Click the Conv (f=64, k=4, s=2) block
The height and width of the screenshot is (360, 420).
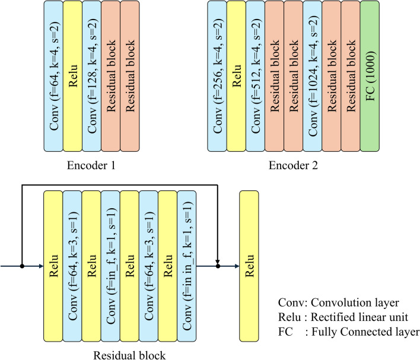click(x=53, y=77)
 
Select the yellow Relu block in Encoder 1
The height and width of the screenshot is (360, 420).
click(x=72, y=77)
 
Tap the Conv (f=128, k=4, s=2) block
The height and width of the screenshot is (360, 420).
click(x=91, y=77)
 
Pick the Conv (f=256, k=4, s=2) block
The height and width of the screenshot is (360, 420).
click(x=217, y=77)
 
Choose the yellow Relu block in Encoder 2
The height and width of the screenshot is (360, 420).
click(x=236, y=77)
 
